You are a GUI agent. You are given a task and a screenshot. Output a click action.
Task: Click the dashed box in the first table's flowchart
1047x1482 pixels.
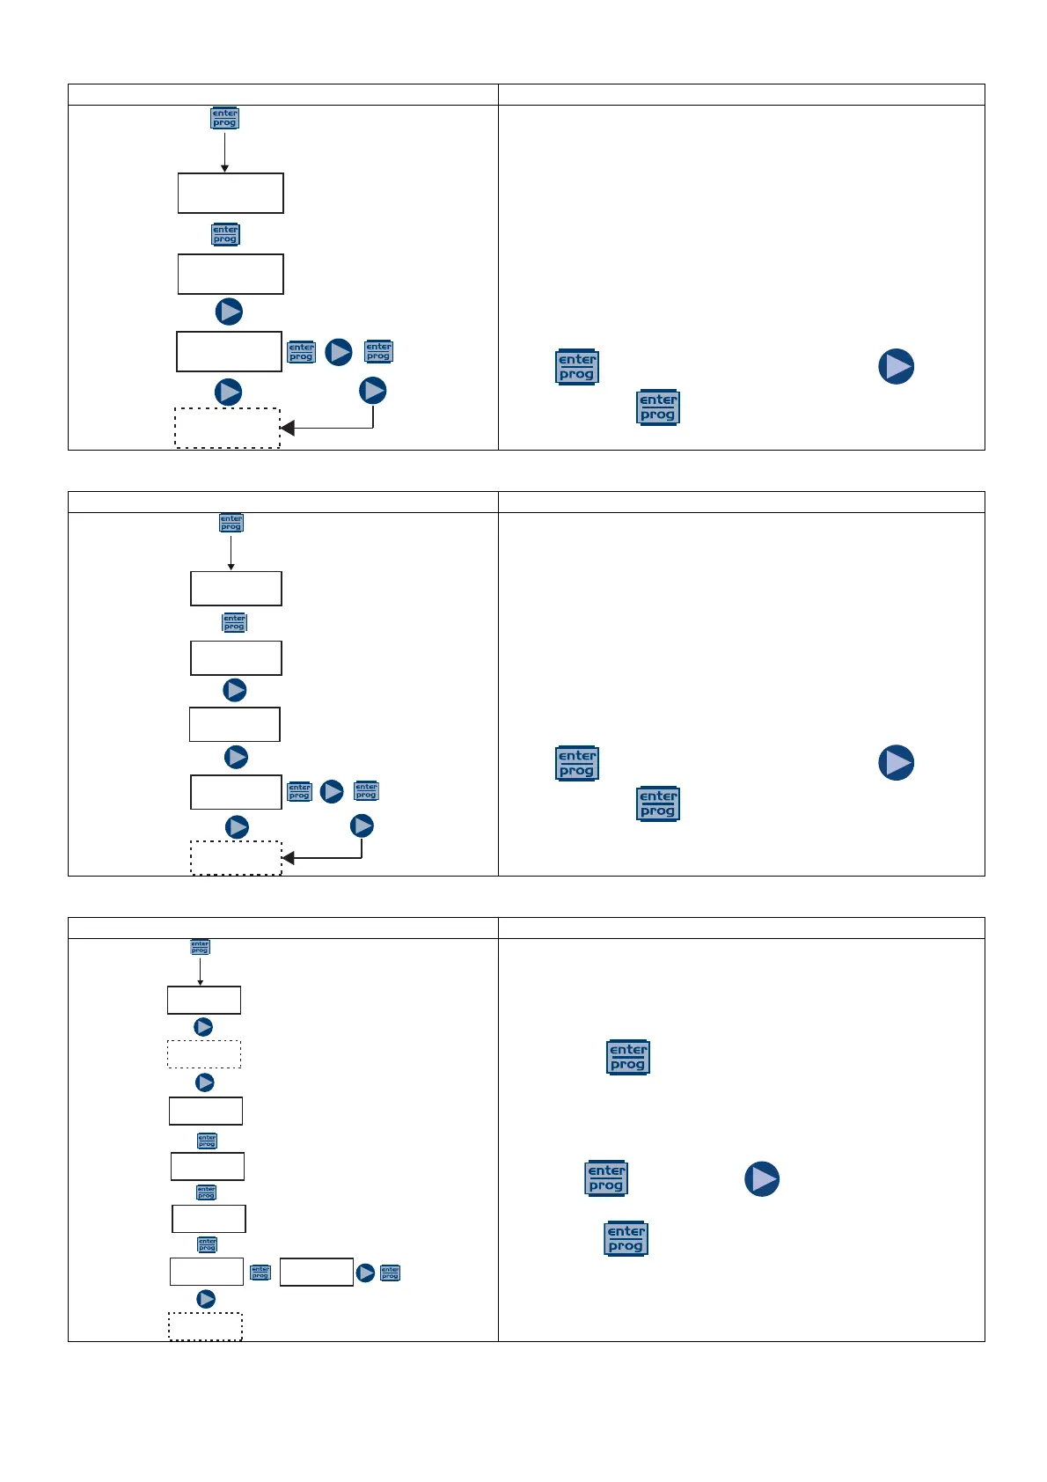227,429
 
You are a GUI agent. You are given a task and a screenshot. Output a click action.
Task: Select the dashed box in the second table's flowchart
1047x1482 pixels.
236,858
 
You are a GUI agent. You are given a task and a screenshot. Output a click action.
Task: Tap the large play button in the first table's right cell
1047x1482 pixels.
896,366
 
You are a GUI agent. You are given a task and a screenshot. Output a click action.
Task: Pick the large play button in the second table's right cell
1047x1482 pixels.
896,763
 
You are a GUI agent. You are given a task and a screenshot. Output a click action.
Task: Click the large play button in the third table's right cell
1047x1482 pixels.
762,1179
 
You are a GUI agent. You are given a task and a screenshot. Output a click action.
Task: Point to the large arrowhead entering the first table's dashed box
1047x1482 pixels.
288,429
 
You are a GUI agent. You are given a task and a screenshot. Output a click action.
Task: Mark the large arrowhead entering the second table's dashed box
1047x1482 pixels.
288,858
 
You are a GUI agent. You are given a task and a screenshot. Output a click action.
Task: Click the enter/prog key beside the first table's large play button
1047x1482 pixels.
577,367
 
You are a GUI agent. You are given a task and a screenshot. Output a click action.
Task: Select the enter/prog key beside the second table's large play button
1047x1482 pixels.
577,763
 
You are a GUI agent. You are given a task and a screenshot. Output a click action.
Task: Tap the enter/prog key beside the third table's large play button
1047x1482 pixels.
606,1178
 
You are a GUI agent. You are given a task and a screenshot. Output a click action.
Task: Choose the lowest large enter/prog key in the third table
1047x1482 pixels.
626,1239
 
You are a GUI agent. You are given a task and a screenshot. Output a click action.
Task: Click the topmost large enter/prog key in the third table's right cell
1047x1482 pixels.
628,1057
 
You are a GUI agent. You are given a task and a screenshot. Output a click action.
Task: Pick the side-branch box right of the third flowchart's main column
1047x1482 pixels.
317,1273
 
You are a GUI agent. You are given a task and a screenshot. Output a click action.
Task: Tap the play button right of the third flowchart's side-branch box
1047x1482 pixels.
365,1273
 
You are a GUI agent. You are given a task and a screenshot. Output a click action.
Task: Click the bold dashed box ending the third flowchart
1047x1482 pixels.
205,1326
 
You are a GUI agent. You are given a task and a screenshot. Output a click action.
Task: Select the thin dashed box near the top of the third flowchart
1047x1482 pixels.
204,1054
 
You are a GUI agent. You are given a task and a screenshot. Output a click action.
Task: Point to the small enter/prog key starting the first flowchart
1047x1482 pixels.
224,118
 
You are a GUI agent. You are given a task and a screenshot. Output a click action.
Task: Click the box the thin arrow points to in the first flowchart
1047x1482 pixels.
231,194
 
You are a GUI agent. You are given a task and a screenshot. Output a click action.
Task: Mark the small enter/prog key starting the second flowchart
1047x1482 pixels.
231,523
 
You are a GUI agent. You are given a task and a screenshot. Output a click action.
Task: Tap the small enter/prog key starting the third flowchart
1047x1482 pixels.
201,947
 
